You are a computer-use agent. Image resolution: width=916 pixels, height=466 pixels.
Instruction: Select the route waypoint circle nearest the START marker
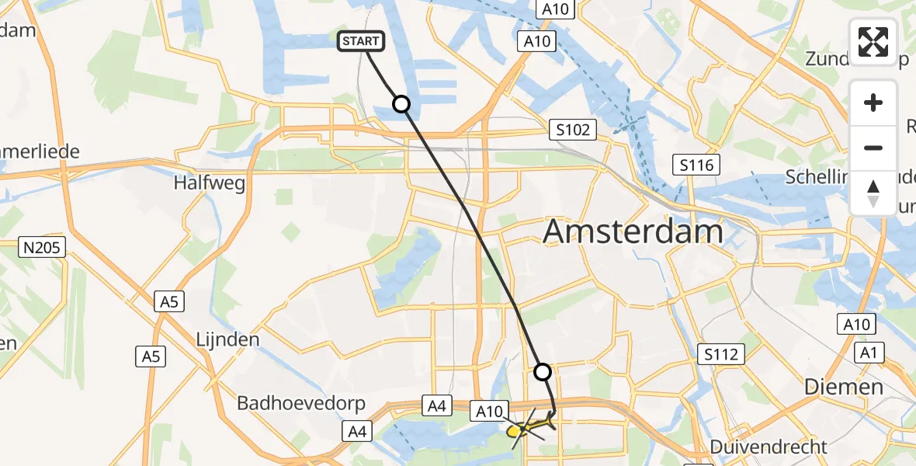point(401,104)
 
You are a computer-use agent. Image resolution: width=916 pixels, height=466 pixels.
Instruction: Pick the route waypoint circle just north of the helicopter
point(543,372)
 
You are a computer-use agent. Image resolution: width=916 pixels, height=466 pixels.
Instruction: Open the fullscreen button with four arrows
point(873,42)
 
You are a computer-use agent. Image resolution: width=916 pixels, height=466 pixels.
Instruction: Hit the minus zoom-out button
point(873,148)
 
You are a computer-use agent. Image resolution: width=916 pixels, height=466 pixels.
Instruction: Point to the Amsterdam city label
point(633,231)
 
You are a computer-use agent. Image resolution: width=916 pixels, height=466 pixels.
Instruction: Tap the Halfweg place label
point(211,183)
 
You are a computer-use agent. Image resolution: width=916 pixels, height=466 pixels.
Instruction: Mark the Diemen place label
point(844,386)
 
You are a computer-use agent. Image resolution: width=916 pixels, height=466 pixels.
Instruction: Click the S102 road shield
point(573,130)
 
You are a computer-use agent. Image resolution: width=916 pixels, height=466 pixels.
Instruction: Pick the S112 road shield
point(722,354)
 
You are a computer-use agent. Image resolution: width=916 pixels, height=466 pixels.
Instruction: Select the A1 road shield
point(869,353)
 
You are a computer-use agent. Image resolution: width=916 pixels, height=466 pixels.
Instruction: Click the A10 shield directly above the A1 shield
point(856,324)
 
